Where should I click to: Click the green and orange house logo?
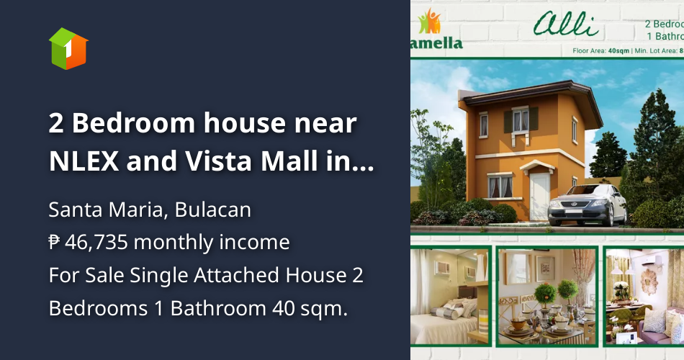point(68,48)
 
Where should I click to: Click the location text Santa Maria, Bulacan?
point(150,210)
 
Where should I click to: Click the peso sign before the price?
point(54,243)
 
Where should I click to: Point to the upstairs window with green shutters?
point(521,120)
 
